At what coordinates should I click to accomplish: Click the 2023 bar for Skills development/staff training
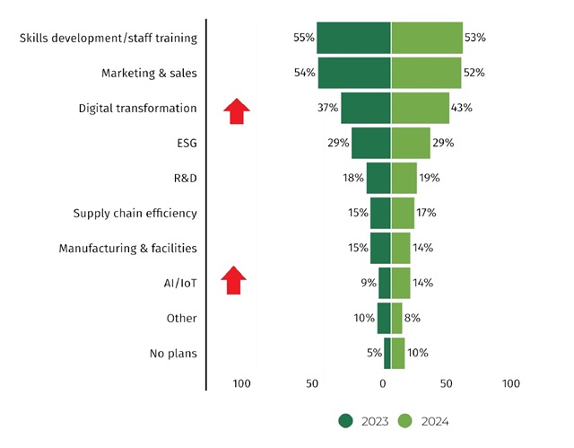tap(353, 38)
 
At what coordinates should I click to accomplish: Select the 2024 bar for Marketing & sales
tap(426, 73)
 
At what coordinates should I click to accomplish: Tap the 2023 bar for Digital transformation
tap(366, 108)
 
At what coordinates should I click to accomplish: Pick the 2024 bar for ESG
tap(410, 143)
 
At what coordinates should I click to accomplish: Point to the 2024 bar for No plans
tap(397, 353)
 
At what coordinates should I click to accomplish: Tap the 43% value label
tap(462, 108)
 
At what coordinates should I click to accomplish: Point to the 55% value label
tap(303, 38)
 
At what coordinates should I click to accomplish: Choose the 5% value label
tap(374, 353)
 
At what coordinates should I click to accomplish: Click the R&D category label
tap(185, 178)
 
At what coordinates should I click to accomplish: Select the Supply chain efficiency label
tap(135, 213)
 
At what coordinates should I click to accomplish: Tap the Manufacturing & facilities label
tap(127, 248)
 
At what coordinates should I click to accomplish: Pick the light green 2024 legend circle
tap(404, 420)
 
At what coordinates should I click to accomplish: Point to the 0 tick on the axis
tap(383, 384)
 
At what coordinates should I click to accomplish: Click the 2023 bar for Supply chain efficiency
tap(380, 213)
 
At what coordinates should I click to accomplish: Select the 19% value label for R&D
tap(429, 178)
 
